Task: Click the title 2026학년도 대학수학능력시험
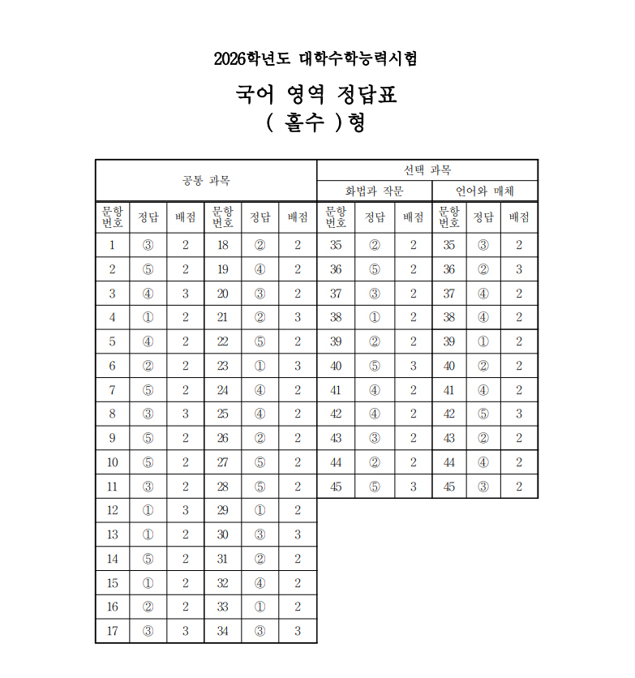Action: click(316, 58)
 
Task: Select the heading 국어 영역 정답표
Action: click(316, 95)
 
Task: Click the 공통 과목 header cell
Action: click(206, 180)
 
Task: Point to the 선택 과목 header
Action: click(427, 169)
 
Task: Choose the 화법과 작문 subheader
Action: click(374, 191)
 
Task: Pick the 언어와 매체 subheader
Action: click(484, 191)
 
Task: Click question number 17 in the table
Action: click(112, 631)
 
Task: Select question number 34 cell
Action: click(222, 631)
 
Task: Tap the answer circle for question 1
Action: click(148, 245)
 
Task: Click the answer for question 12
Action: click(148, 510)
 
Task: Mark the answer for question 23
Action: click(260, 366)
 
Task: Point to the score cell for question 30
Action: click(298, 534)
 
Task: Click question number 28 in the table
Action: click(222, 487)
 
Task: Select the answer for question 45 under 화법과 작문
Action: click(374, 487)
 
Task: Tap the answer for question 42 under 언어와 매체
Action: click(483, 414)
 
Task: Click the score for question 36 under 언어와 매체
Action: click(519, 269)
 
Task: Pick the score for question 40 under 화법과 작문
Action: click(413, 366)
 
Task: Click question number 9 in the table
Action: click(112, 438)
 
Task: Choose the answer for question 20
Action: click(260, 294)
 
